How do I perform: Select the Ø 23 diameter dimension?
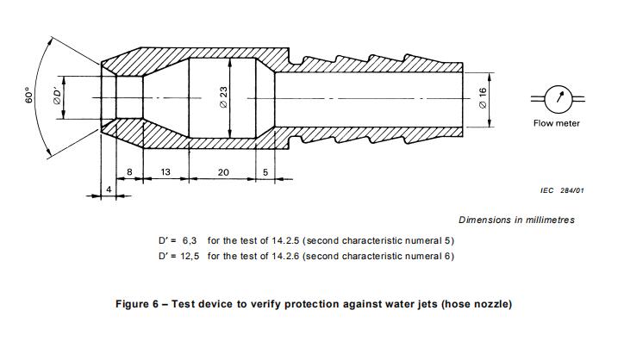point(222,98)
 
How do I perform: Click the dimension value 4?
point(109,188)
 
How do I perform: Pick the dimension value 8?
point(129,172)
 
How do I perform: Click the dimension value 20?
point(223,172)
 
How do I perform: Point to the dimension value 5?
point(265,172)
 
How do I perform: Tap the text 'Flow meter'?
point(557,124)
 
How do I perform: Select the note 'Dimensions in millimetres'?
point(516,220)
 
